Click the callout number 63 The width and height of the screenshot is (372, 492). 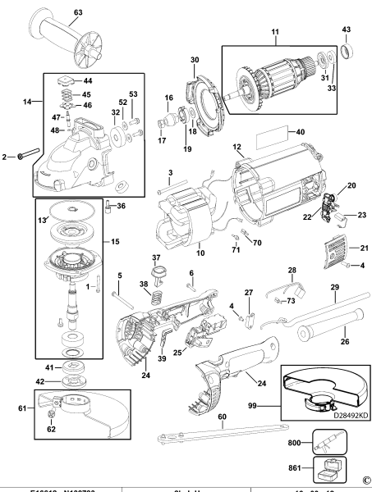(x=77, y=12)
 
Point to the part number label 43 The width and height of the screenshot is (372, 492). (x=346, y=30)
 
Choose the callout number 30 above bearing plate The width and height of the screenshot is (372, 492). (x=195, y=60)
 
